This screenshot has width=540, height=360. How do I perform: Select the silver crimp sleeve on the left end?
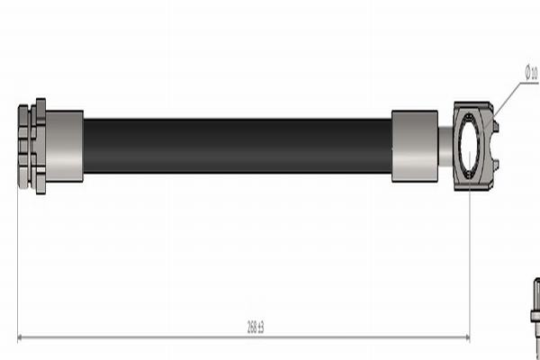coord(64,145)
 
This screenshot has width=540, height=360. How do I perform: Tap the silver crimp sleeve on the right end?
coord(414,145)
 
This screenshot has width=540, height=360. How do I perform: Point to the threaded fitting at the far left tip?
coord(22,146)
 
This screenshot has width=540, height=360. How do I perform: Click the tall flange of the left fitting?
coord(40,145)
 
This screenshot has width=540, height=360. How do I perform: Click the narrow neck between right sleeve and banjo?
coord(445,144)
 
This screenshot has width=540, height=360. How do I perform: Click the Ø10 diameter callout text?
coord(530,73)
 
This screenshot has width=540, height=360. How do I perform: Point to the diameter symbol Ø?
coord(527,71)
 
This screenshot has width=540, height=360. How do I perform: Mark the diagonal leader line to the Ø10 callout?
coord(508,100)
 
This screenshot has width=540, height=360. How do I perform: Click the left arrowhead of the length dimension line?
coord(22,337)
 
